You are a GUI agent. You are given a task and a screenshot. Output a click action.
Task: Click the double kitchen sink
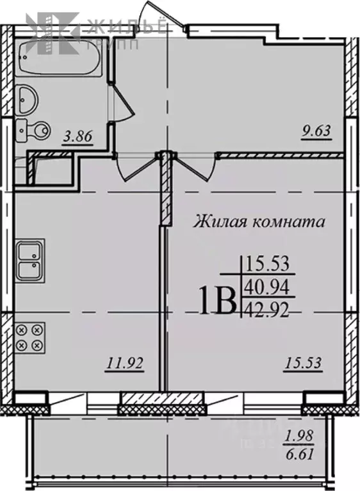pyautogui.click(x=29, y=259)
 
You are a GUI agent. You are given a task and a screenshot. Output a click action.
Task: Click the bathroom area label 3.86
pyautogui.click(x=79, y=135)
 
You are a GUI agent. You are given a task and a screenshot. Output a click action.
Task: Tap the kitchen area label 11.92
pyautogui.click(x=124, y=364)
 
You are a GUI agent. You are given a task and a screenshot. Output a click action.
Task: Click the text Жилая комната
pyautogui.click(x=259, y=222)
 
